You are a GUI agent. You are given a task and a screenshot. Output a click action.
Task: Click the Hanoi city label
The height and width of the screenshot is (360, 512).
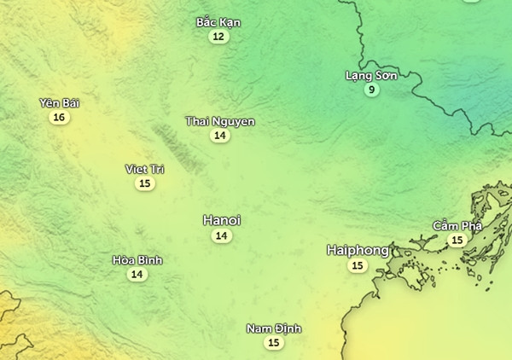[221, 220]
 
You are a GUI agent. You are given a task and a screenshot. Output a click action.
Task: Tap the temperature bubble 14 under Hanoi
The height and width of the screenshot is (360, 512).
[221, 235]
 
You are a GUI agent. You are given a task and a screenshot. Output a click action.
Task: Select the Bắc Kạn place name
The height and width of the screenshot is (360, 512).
[218, 22]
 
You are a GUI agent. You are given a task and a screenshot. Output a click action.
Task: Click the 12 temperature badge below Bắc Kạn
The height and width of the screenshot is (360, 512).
[218, 37]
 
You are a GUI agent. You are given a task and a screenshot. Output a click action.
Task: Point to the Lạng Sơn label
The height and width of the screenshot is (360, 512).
[371, 75]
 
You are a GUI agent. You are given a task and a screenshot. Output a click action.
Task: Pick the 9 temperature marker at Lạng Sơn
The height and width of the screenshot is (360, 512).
[371, 90]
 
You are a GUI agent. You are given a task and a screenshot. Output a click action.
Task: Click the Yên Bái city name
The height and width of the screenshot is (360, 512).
[59, 103]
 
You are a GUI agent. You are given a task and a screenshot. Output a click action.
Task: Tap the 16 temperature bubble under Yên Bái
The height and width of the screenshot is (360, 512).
[58, 118]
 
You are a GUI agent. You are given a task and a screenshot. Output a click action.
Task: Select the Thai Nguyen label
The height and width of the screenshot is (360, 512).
[220, 121]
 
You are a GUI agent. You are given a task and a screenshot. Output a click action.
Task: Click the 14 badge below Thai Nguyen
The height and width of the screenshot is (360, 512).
[220, 136]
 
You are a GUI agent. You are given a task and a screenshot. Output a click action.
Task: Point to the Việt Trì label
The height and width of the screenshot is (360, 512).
[144, 169]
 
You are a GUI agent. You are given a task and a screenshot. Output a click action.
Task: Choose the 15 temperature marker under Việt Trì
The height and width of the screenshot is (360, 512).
[145, 183]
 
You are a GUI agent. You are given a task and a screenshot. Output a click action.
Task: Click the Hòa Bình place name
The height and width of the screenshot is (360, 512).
[137, 259]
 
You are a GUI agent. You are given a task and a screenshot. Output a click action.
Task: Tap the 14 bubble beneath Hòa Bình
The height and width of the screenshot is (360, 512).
[137, 274]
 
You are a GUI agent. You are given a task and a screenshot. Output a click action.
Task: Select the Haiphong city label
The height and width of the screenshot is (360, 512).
[358, 250]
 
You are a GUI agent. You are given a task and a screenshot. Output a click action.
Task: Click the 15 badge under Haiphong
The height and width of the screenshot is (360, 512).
[357, 266]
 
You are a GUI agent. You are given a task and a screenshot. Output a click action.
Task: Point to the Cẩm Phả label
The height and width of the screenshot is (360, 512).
[457, 226]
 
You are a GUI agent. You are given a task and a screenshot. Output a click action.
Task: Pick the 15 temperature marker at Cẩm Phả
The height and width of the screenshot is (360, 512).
[457, 241]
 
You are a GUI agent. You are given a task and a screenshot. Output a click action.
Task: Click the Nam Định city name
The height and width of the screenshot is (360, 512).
[274, 328]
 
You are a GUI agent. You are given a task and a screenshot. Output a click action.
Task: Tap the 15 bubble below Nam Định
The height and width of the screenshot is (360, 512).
[273, 343]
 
